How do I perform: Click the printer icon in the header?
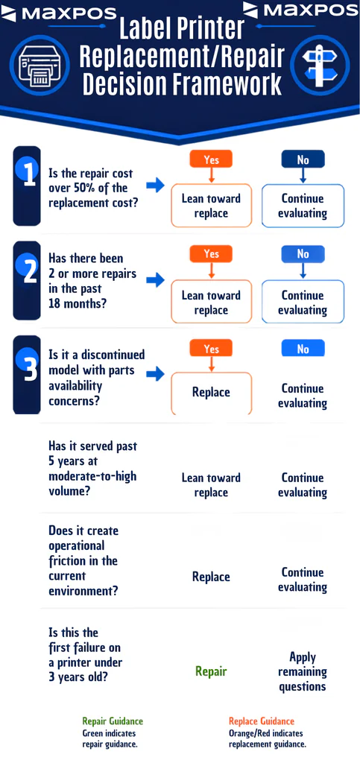[41, 66]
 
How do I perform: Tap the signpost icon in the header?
[319, 66]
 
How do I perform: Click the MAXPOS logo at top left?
[58, 13]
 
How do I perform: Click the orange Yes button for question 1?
[211, 159]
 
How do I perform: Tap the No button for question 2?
[303, 255]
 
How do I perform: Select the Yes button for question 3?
[211, 349]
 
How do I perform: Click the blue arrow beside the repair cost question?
[156, 185]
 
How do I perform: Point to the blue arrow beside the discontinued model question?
[156, 374]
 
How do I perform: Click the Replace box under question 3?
[211, 393]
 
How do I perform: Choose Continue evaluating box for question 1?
[303, 206]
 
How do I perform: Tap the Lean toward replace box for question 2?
[211, 303]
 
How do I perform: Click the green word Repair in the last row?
[211, 671]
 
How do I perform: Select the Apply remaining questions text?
[302, 671]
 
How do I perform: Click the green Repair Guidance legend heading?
[113, 721]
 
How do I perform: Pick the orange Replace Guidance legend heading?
[262, 721]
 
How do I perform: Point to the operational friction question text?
[83, 560]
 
